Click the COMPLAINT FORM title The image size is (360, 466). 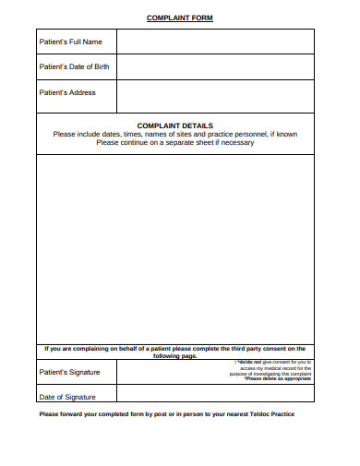[x=180, y=18]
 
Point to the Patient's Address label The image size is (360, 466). [x=66, y=92]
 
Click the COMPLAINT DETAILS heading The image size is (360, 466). [x=175, y=125]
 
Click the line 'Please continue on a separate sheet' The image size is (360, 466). [x=174, y=142]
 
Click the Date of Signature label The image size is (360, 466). [x=66, y=397]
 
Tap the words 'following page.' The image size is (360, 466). [x=175, y=355]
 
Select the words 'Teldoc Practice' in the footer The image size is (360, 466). [x=273, y=413]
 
